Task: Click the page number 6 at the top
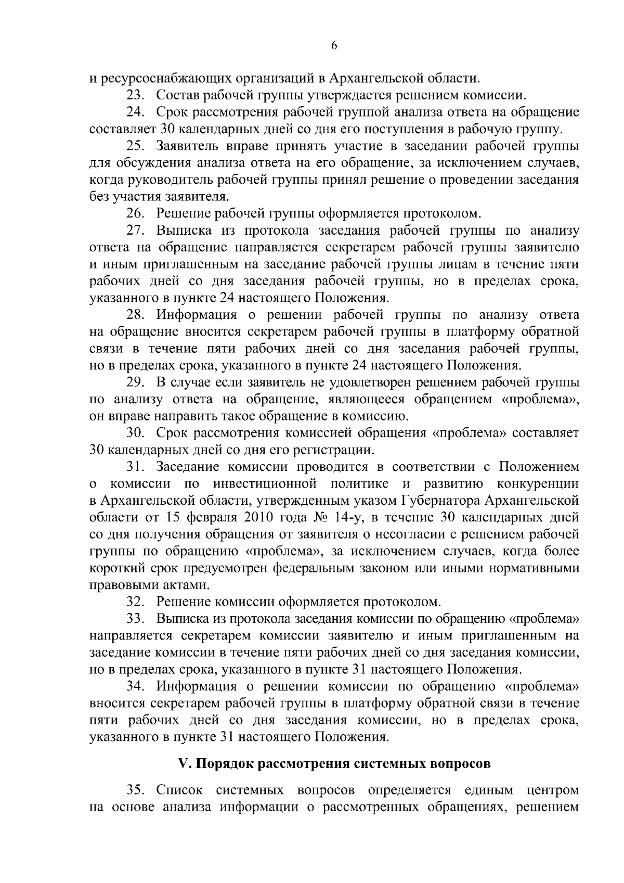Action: pyautogui.click(x=334, y=46)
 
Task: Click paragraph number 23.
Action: pyautogui.click(x=135, y=96)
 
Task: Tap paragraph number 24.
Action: pyautogui.click(x=135, y=112)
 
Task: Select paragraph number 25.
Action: pyautogui.click(x=135, y=146)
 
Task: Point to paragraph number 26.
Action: pyautogui.click(x=135, y=213)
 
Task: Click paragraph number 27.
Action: pyautogui.click(x=135, y=231)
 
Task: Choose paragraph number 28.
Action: pyautogui.click(x=135, y=315)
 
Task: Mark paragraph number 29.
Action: pyautogui.click(x=135, y=382)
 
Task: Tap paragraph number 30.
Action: pyautogui.click(x=135, y=433)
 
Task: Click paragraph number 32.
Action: pyautogui.click(x=135, y=602)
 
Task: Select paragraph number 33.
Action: pyautogui.click(x=135, y=619)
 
